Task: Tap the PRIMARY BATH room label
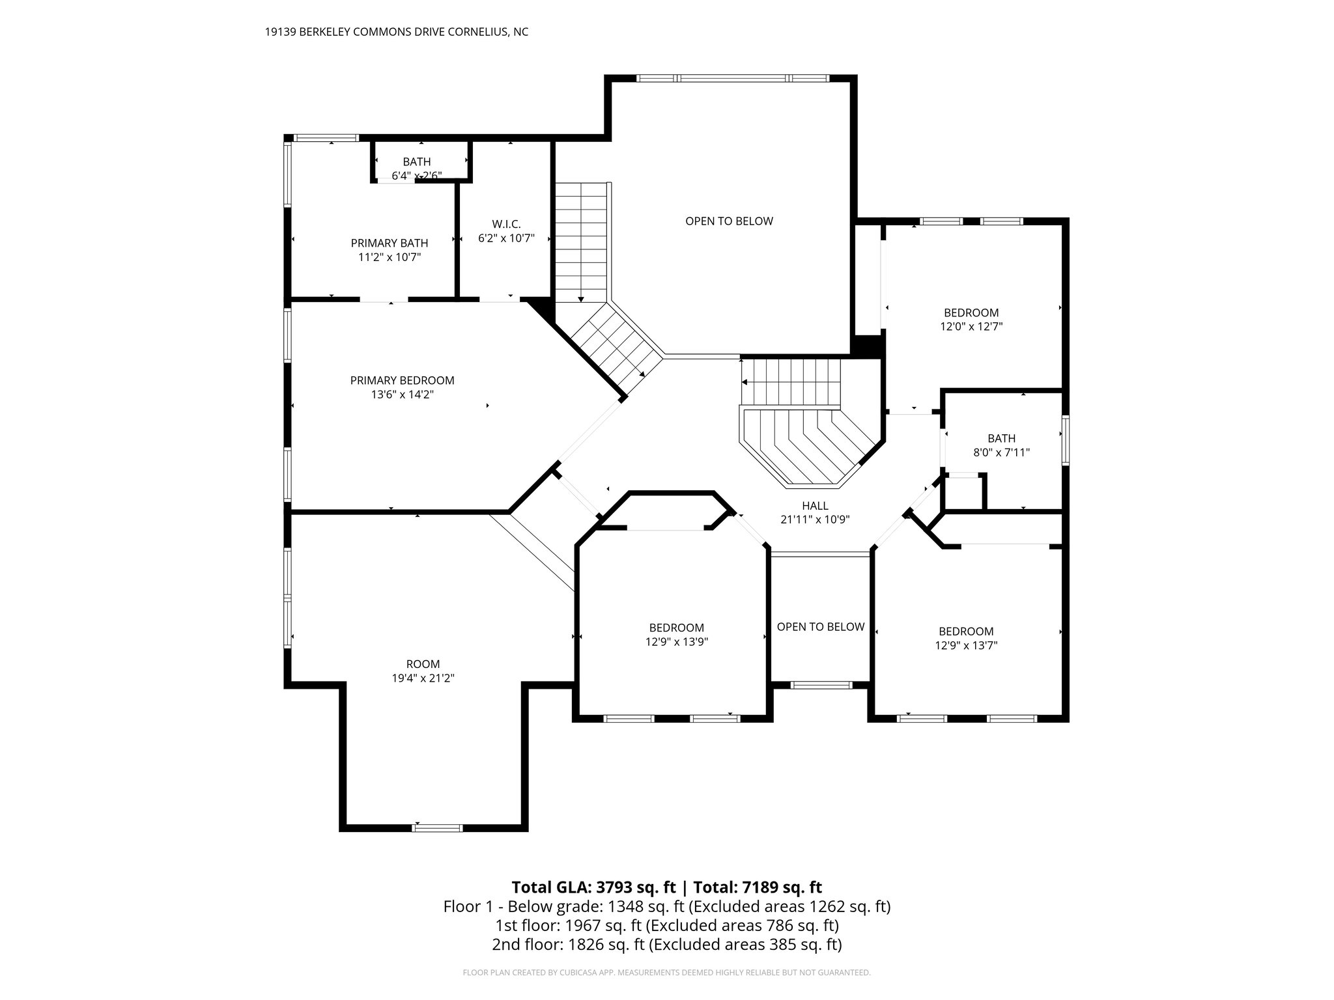pyautogui.click(x=389, y=243)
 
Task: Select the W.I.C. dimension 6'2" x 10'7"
pyautogui.click(x=506, y=238)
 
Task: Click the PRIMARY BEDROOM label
pyautogui.click(x=402, y=380)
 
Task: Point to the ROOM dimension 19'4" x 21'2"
pyautogui.click(x=422, y=678)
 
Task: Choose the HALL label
pyautogui.click(x=815, y=506)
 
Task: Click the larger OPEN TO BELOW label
pyautogui.click(x=729, y=221)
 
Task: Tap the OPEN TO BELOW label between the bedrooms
pyautogui.click(x=820, y=626)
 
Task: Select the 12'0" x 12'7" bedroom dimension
pyautogui.click(x=971, y=327)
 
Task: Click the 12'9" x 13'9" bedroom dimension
pyautogui.click(x=676, y=641)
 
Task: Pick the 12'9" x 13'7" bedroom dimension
pyautogui.click(x=966, y=645)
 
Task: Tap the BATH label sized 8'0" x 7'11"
pyautogui.click(x=1001, y=439)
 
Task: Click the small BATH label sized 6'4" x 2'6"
pyautogui.click(x=416, y=161)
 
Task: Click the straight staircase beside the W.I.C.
pyautogui.click(x=581, y=241)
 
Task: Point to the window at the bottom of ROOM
pyautogui.click(x=437, y=827)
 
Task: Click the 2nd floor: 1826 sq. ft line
pyautogui.click(x=666, y=945)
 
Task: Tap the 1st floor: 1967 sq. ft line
pyautogui.click(x=666, y=925)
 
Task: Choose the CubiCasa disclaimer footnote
pyautogui.click(x=666, y=973)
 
